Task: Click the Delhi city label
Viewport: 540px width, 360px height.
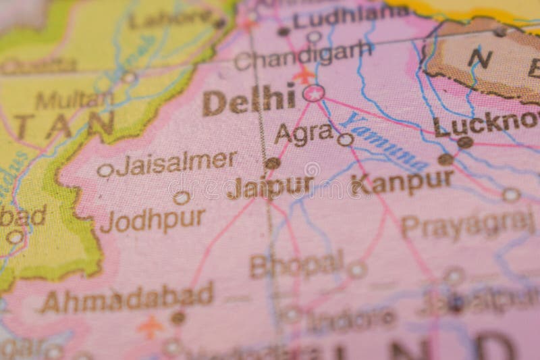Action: (x=249, y=101)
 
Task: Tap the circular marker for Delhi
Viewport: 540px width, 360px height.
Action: (x=313, y=93)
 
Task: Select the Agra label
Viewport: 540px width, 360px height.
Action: (x=303, y=134)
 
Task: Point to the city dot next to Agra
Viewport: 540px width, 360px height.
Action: (x=345, y=140)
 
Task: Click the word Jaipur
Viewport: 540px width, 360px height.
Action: (x=270, y=186)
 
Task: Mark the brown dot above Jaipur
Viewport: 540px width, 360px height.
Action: (x=272, y=163)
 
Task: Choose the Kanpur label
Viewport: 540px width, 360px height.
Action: (x=402, y=182)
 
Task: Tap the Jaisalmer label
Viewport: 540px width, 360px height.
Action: (x=176, y=163)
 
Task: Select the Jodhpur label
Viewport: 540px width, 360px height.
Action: (x=153, y=220)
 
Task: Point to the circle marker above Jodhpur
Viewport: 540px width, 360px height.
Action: (x=181, y=197)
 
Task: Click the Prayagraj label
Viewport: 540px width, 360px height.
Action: (x=467, y=224)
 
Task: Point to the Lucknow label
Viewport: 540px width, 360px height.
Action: (x=486, y=124)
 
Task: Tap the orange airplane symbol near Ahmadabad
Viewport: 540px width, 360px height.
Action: (x=151, y=327)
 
